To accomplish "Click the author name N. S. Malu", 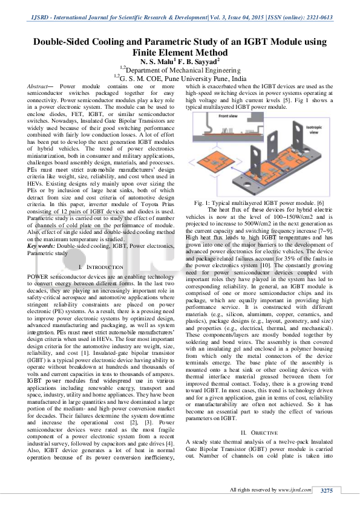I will pos(158,62).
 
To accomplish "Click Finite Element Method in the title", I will pos(180,53).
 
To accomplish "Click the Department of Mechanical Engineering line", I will pos(182,70).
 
